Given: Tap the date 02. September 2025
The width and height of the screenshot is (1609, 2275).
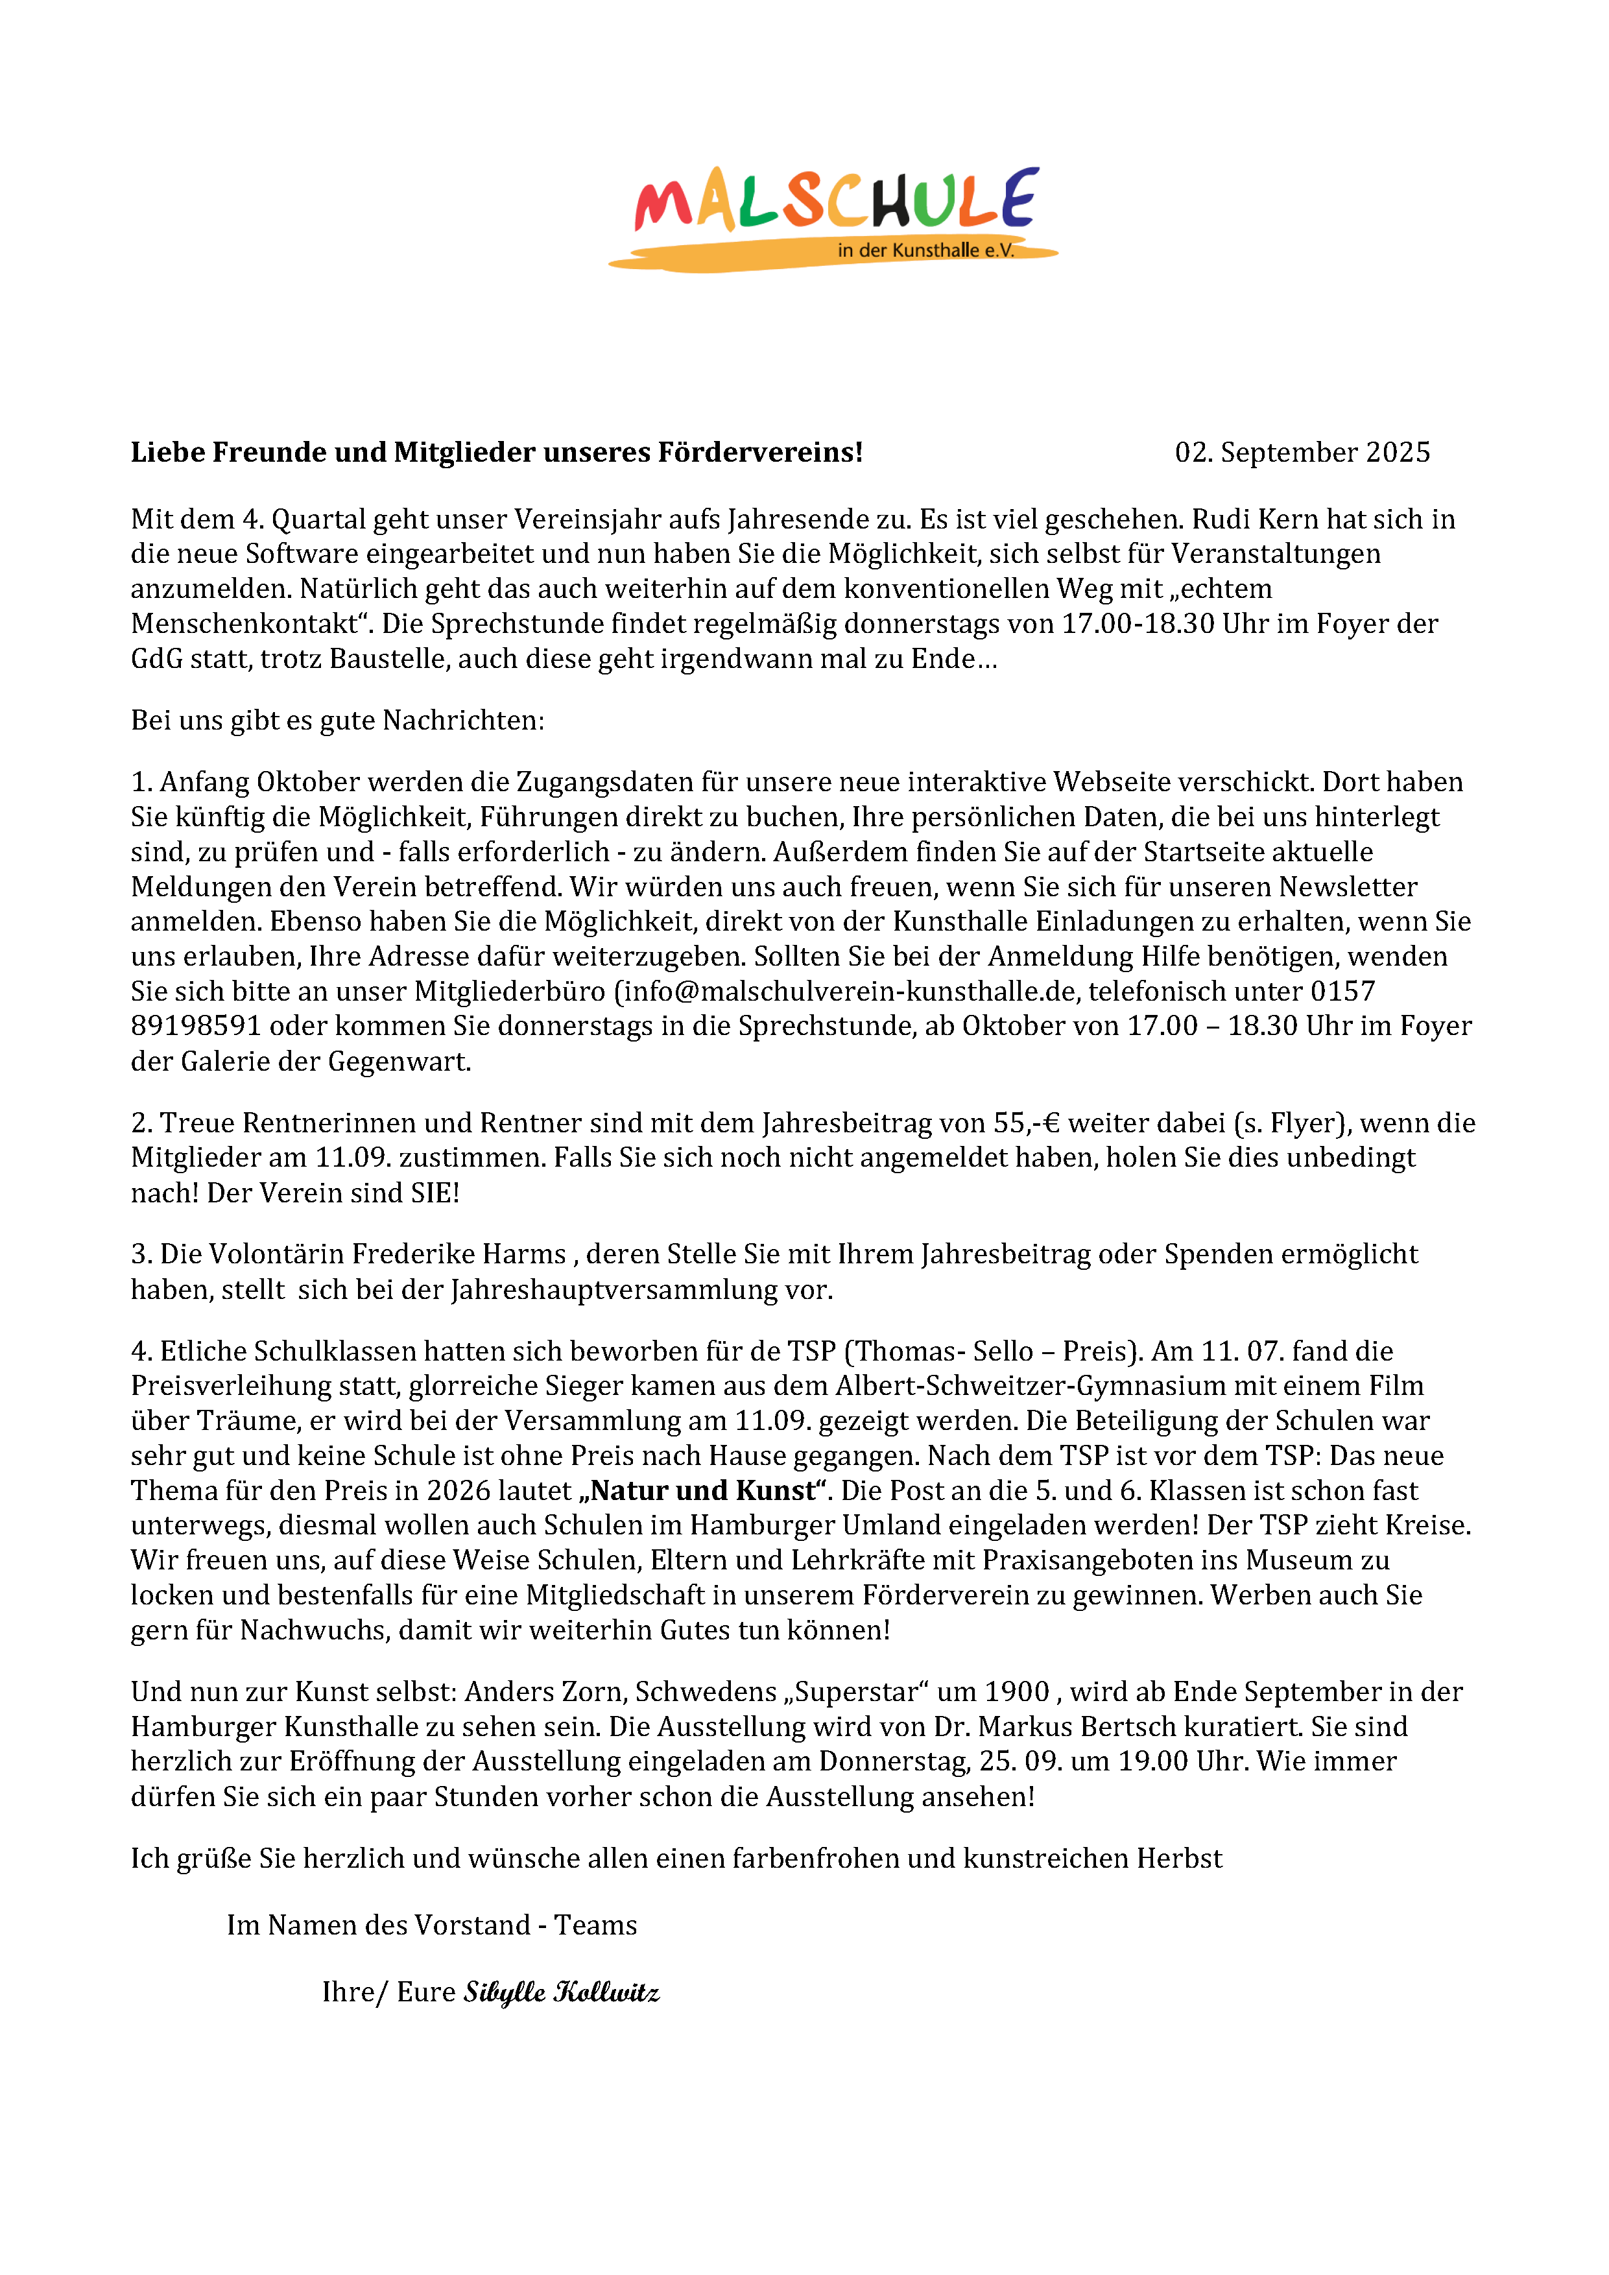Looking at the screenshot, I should coord(1302,453).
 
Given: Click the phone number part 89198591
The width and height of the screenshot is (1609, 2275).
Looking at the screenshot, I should coord(195,1027).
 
